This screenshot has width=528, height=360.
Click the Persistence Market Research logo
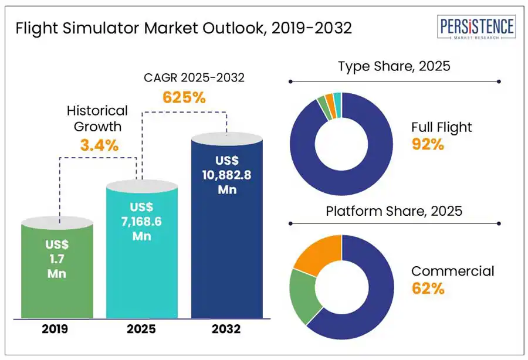(x=476, y=29)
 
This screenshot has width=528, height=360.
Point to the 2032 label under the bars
(x=226, y=329)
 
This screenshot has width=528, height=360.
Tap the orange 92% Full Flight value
(x=428, y=144)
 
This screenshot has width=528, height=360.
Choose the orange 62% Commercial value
(x=428, y=288)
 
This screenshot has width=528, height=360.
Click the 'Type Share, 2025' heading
(x=394, y=66)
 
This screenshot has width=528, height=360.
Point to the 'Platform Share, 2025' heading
(x=394, y=210)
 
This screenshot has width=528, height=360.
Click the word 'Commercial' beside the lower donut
(x=452, y=271)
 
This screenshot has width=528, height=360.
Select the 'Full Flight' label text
(x=441, y=127)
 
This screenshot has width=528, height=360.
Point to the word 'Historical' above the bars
(x=97, y=110)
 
